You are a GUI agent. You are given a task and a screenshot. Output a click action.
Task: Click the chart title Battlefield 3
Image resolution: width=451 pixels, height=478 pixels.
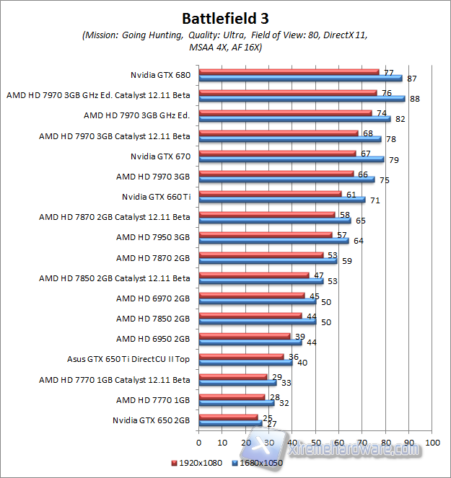[225, 17]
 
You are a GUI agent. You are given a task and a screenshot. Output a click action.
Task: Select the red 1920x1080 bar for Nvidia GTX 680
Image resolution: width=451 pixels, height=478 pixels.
[289, 71]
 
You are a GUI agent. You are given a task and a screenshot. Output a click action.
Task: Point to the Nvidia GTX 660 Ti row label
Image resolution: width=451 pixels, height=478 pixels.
[156, 196]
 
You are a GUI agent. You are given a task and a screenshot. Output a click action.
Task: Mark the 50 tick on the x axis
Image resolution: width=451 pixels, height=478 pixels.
[315, 442]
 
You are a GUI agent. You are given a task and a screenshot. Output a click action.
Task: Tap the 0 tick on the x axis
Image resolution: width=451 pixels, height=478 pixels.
[198, 442]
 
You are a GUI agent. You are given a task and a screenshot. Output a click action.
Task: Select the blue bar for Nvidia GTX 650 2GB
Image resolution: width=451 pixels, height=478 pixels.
[229, 424]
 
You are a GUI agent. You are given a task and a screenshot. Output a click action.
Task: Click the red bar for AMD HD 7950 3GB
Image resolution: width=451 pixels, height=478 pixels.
[265, 234]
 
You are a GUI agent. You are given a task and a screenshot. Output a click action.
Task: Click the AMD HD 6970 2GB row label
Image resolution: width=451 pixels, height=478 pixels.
[153, 298]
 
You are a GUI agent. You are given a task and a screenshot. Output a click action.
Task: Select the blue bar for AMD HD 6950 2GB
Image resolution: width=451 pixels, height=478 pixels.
[250, 342]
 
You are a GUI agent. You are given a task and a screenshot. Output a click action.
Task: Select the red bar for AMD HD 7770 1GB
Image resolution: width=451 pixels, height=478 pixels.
[231, 397]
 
